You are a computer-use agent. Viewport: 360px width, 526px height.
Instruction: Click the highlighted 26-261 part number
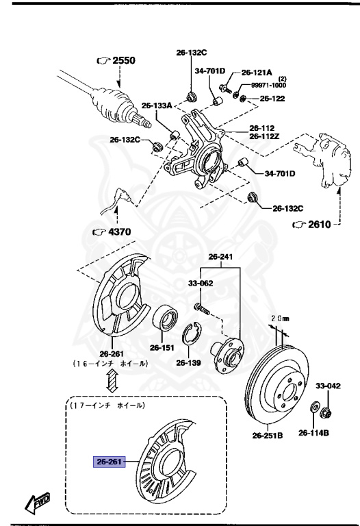[x=108, y=462]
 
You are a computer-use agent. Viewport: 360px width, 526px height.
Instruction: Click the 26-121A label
[x=257, y=72]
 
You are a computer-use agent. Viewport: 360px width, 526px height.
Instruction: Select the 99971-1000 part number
[x=268, y=86]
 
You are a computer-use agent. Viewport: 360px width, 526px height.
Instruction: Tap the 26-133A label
[x=156, y=105]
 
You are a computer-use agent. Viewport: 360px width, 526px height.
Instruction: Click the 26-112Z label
[x=264, y=136]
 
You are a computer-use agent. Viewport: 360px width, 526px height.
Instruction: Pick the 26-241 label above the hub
[x=222, y=258]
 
